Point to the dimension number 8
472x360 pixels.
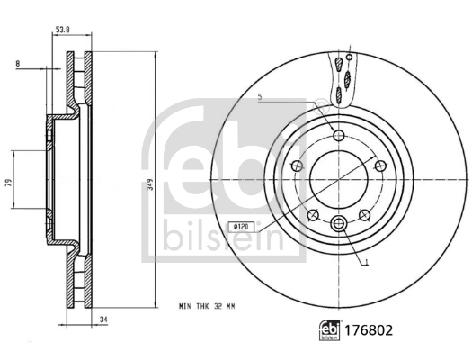click(x=16, y=64)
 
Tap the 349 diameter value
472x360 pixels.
click(x=149, y=184)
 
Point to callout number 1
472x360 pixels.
click(x=366, y=262)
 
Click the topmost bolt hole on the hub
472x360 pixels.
click(x=338, y=136)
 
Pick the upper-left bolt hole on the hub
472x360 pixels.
click(x=298, y=166)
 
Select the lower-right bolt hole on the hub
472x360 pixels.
click(x=364, y=214)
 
